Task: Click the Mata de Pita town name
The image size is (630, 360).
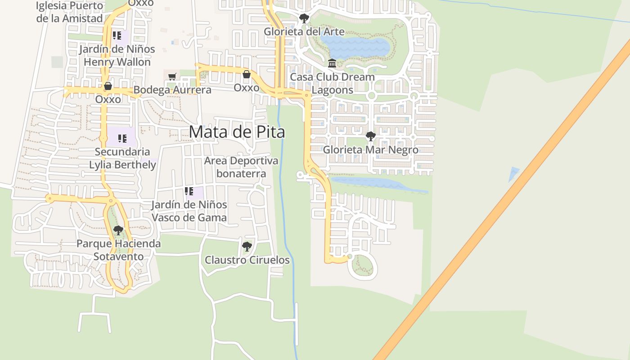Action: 237,132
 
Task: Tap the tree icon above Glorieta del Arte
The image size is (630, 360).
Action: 304,18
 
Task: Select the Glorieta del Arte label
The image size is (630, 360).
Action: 304,31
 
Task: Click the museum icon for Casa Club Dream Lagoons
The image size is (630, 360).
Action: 332,63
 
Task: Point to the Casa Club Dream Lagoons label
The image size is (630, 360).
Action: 332,83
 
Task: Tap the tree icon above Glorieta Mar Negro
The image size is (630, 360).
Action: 370,136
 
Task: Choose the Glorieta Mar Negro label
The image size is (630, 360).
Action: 370,150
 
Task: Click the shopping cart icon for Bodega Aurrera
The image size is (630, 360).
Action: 172,76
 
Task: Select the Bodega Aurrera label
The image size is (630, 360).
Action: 172,90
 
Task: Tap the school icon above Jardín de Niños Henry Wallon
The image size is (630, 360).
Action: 117,36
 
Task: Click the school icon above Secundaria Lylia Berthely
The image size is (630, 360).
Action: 122,138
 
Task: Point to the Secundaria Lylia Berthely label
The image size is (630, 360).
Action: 122,158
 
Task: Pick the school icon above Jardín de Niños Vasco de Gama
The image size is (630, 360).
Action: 189,191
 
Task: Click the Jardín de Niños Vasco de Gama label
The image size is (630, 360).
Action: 189,211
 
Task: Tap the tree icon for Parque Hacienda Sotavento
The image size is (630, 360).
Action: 118,230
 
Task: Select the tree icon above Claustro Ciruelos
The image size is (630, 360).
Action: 247,246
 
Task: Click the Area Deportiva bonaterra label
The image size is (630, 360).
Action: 241,167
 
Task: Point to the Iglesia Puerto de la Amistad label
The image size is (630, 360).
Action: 70,12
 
